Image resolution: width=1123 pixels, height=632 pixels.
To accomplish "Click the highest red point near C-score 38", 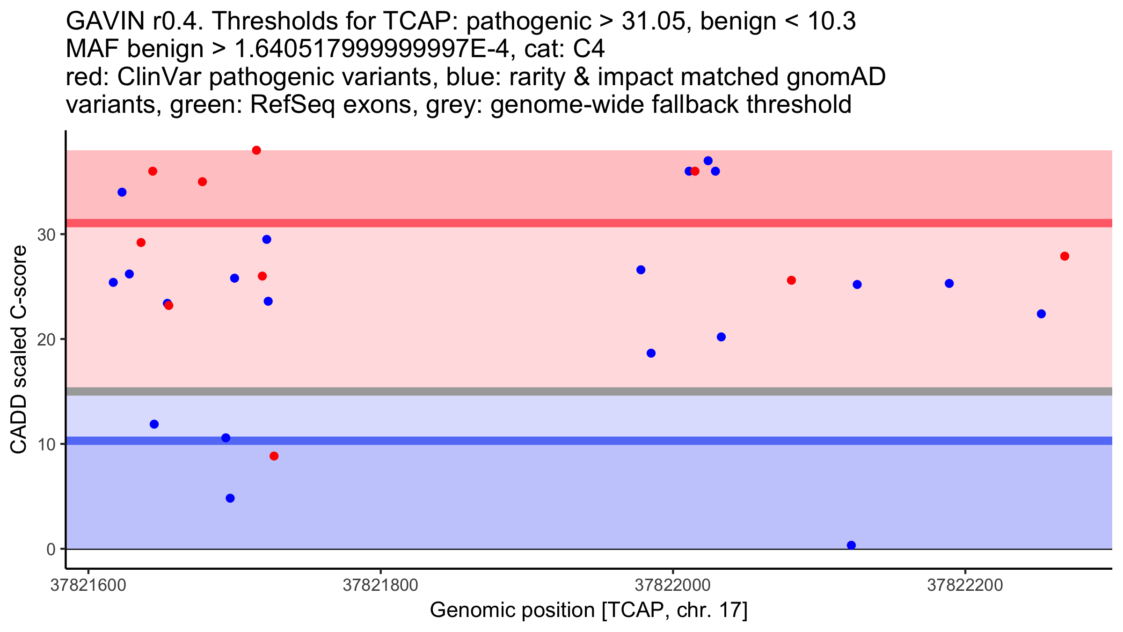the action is click(256, 150).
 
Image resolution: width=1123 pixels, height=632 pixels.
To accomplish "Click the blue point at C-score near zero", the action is click(852, 545).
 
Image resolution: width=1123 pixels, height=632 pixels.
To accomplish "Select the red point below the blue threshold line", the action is click(274, 456).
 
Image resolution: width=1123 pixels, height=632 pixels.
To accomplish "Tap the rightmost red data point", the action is click(1065, 256).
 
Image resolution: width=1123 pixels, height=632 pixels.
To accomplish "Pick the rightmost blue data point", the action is click(1042, 314).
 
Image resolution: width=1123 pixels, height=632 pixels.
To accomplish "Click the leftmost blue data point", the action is click(113, 282).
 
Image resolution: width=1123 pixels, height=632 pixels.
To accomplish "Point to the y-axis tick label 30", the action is click(46, 235).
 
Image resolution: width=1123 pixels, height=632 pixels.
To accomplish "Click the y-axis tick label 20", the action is click(46, 339).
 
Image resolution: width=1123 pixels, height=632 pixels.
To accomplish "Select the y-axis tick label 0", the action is click(51, 549).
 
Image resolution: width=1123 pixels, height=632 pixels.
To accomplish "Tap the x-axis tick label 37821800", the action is click(380, 585).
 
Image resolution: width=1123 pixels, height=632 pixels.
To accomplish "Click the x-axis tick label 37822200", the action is click(965, 585).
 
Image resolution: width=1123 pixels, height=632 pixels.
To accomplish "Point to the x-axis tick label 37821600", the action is click(88, 585).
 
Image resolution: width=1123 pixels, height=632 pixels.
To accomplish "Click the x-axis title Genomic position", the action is click(512, 610).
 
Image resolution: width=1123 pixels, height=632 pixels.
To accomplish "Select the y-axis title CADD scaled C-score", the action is click(19, 350).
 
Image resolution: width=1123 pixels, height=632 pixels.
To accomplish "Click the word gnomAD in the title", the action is click(836, 77).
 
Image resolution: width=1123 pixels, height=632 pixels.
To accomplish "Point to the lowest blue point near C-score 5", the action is click(230, 498).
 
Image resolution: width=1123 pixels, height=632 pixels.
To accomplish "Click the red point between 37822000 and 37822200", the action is click(791, 280).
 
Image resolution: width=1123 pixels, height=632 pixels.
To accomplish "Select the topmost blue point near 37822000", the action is click(708, 161).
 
